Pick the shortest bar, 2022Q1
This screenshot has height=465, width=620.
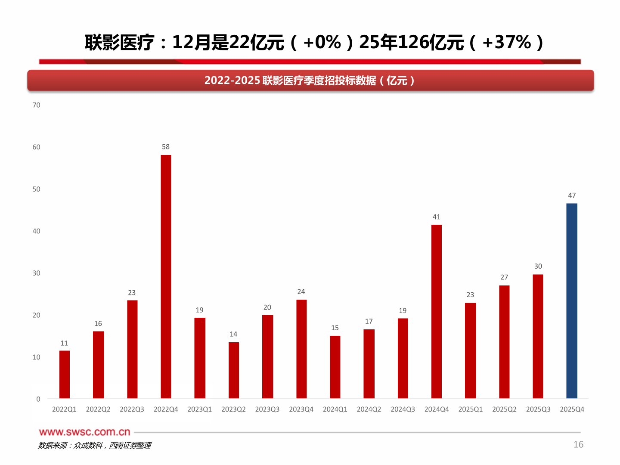[65, 374]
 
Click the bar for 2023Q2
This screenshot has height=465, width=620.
[234, 370]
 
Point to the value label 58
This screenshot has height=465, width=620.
[166, 147]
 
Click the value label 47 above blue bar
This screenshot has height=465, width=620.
[572, 195]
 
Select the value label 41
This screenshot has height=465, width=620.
[437, 217]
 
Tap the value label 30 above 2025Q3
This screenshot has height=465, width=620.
[538, 267]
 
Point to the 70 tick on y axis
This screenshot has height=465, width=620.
[37, 105]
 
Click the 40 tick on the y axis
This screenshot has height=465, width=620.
[37, 231]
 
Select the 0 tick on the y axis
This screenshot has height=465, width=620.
[38, 399]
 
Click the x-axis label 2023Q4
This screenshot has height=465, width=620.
[301, 409]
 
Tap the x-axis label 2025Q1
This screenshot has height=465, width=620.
[470, 409]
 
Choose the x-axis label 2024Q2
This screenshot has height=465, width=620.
[369, 409]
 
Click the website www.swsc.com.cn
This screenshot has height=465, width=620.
[85, 432]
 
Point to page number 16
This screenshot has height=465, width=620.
[578, 444]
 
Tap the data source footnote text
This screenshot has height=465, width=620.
[94, 446]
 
